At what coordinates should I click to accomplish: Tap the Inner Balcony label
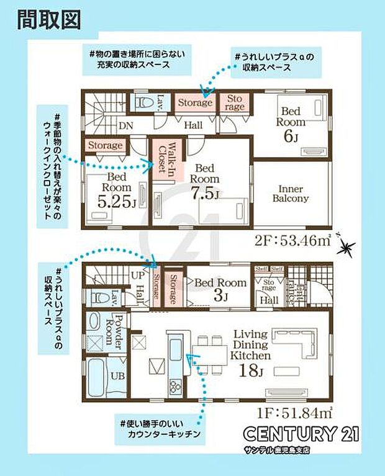point(289,194)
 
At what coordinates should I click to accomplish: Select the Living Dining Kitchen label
point(251,346)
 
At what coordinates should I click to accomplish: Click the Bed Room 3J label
point(221,289)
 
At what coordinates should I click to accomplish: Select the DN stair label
point(125,126)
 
